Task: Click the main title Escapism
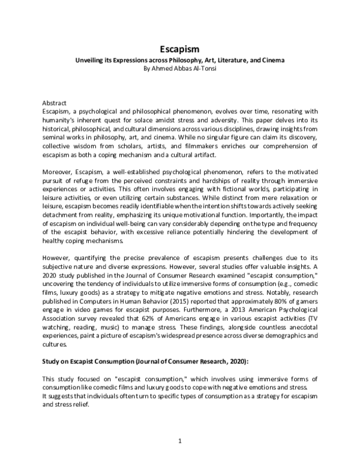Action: (179, 50)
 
